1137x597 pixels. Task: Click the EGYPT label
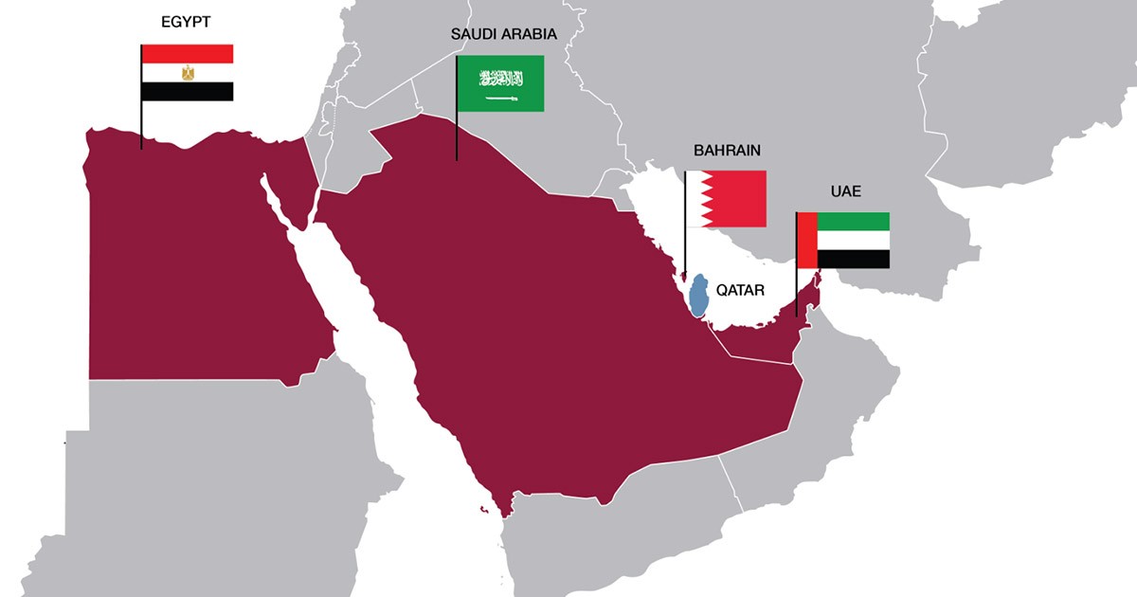click(186, 22)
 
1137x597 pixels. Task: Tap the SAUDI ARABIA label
click(503, 34)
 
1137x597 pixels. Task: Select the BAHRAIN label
click(727, 151)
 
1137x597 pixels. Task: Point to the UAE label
click(845, 191)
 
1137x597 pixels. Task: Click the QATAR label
click(741, 291)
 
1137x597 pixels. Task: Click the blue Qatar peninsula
click(699, 297)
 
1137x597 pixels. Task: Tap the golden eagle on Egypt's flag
click(188, 73)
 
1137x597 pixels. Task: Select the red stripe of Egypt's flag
click(188, 54)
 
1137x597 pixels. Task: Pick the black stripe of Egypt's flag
click(188, 91)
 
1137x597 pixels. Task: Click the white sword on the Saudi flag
click(501, 98)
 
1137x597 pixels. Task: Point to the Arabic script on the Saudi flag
click(501, 78)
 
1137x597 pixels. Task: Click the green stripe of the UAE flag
click(853, 222)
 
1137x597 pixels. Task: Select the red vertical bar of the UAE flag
click(806, 241)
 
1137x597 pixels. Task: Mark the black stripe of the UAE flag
click(853, 259)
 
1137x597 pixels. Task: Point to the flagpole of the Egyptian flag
click(141, 123)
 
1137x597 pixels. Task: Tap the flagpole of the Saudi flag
click(457, 133)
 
